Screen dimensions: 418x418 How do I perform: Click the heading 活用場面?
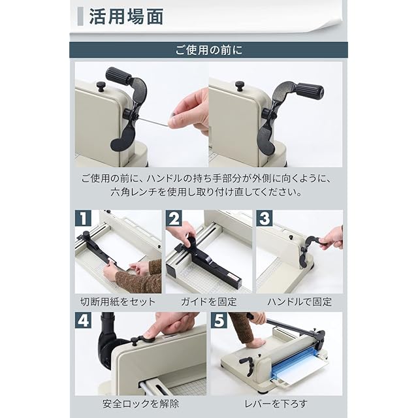(x=126, y=16)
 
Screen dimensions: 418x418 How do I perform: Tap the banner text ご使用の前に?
(x=209, y=50)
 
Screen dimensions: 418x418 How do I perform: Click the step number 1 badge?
(x=83, y=218)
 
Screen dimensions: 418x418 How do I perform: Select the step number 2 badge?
(x=174, y=218)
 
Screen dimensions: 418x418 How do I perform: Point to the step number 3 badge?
(x=265, y=218)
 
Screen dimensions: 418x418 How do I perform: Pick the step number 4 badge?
(x=83, y=320)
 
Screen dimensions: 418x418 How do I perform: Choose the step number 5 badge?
(x=219, y=320)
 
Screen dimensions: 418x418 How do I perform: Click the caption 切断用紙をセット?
(x=118, y=302)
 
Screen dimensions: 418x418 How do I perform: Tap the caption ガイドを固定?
(x=209, y=302)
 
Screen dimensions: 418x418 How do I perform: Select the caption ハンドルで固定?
(x=300, y=302)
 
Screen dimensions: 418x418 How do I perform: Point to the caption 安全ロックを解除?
(x=141, y=404)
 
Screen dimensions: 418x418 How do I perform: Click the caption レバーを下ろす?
(x=276, y=404)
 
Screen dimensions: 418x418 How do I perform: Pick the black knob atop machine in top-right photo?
(x=240, y=86)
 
